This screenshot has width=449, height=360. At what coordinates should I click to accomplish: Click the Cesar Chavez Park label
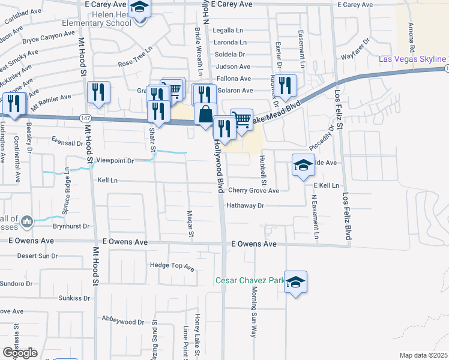250,281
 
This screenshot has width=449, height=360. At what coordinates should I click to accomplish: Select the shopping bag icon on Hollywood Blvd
205,114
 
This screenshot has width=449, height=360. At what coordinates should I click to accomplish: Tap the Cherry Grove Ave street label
253,191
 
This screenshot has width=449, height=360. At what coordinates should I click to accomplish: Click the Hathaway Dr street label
245,205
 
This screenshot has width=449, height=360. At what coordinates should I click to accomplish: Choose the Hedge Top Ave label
172,265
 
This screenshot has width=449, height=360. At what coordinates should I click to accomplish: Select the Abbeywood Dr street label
124,321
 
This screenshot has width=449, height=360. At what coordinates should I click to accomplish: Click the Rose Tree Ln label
136,62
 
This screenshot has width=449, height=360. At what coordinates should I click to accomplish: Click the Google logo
20,353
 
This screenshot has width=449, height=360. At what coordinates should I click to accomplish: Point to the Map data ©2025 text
423,355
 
